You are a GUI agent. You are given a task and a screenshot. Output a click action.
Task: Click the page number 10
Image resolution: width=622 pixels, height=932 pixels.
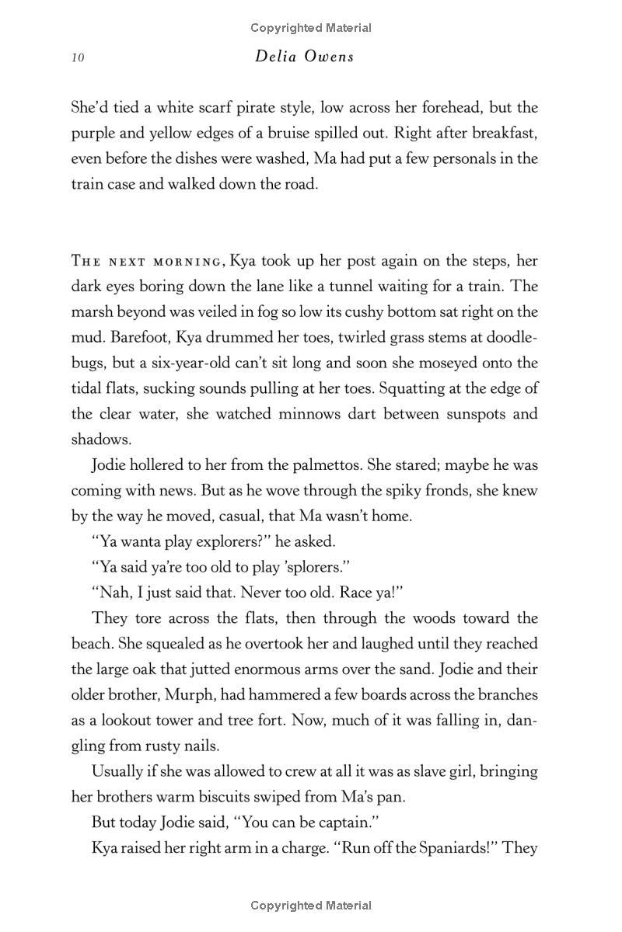77,57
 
